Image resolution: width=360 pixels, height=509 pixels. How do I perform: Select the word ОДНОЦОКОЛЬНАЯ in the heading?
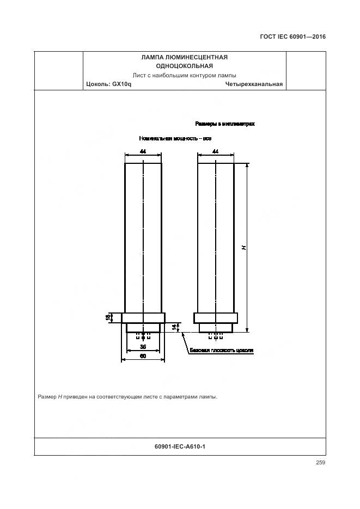(x=184, y=66)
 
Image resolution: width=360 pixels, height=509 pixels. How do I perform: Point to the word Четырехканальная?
(x=254, y=84)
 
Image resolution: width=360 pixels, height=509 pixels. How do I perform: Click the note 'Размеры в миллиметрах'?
(x=225, y=124)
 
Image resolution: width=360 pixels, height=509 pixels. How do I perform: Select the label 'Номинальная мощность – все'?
(x=175, y=139)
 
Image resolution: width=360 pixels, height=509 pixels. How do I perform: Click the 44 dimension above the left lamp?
(x=143, y=151)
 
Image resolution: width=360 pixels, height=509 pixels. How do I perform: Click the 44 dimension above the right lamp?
(x=216, y=151)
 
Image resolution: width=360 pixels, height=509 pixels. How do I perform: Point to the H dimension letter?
(x=244, y=248)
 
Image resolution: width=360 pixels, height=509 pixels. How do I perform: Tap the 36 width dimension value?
(x=143, y=347)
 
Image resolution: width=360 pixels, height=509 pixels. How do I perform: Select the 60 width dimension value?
(x=143, y=356)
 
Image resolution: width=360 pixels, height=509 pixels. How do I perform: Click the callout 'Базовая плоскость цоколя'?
(x=222, y=351)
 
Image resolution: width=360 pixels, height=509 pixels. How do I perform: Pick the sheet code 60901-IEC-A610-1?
(x=180, y=446)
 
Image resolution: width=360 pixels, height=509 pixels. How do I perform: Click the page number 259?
(x=320, y=463)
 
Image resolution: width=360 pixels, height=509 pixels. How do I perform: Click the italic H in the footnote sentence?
(x=60, y=397)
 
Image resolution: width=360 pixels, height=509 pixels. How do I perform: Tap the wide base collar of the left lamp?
(x=143, y=318)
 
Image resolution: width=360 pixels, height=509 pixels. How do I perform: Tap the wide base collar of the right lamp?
(x=216, y=318)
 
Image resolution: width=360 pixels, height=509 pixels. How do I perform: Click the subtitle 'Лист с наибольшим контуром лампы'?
(x=184, y=75)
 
